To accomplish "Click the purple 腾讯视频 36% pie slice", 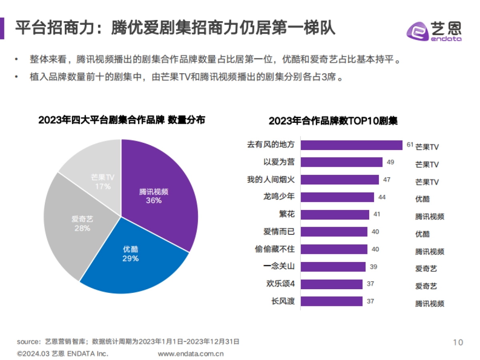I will [160, 192].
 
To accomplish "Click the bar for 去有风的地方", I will [351, 145].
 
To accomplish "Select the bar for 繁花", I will [335, 215].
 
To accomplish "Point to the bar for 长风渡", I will [332, 301].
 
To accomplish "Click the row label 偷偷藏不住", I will [274, 249].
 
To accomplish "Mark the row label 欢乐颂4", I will [280, 284].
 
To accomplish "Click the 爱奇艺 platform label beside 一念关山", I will [426, 269].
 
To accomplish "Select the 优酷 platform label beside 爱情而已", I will [422, 234].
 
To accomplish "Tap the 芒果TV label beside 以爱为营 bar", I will [427, 164].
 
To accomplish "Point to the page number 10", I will [458, 342].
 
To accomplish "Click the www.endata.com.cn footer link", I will [191, 354].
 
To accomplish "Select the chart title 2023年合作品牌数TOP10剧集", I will [333, 121].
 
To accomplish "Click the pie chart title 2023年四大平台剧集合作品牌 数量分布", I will [122, 120].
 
